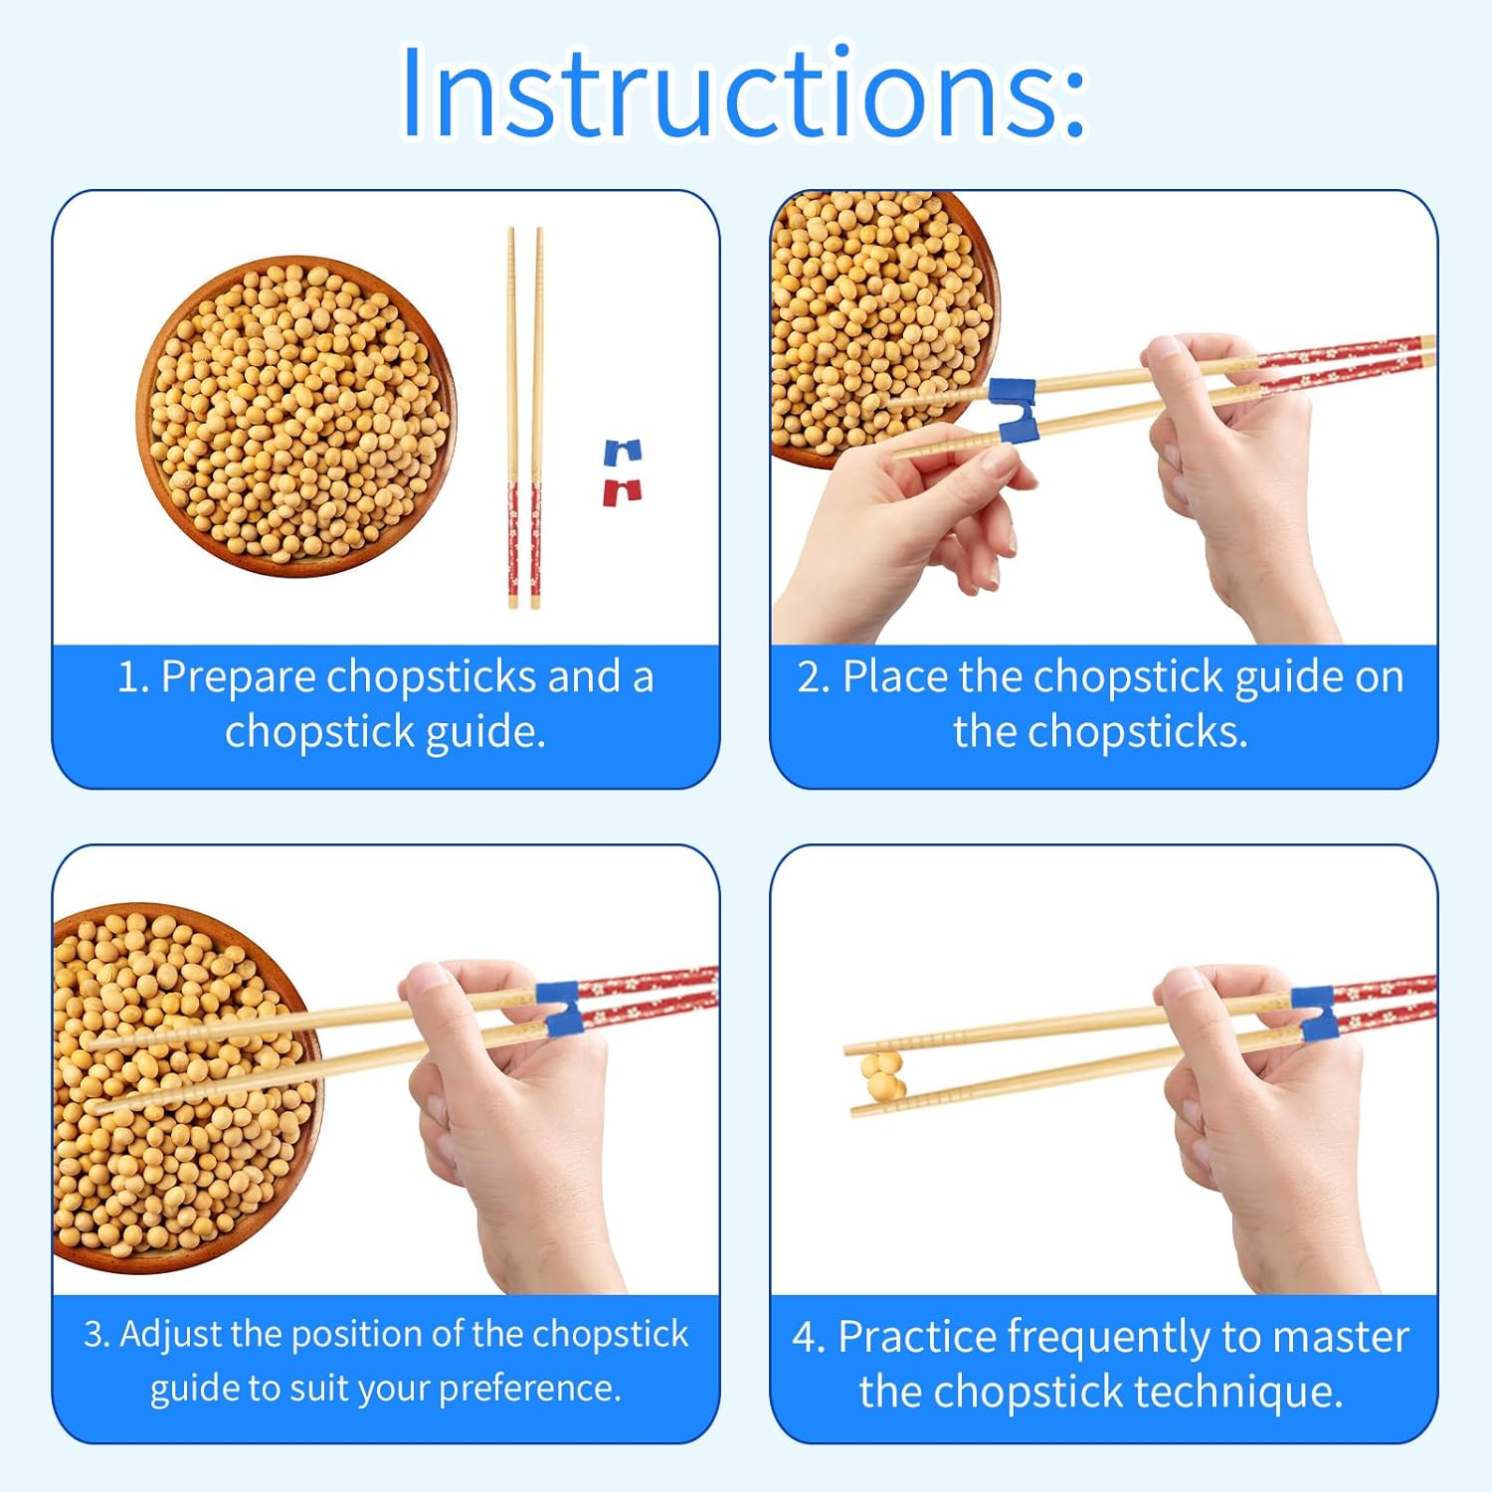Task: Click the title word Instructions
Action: [743, 92]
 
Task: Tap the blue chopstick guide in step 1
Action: [624, 453]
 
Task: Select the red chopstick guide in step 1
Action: [623, 491]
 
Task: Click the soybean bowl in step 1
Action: [295, 416]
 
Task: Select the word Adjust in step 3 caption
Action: [171, 1334]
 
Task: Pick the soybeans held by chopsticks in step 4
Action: [882, 1077]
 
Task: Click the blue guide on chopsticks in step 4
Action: [1314, 1013]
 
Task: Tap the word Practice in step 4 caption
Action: [917, 1337]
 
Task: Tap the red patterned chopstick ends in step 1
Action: [524, 542]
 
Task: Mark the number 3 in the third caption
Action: [93, 1334]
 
